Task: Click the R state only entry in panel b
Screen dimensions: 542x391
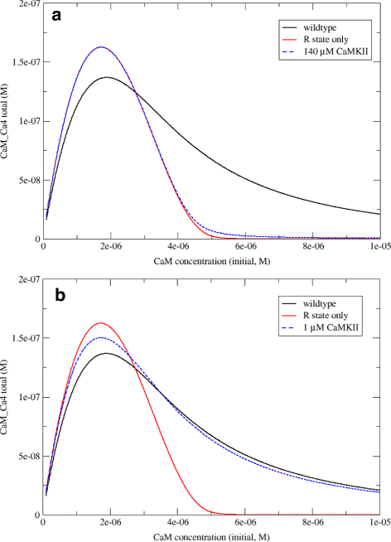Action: tap(328, 315)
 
